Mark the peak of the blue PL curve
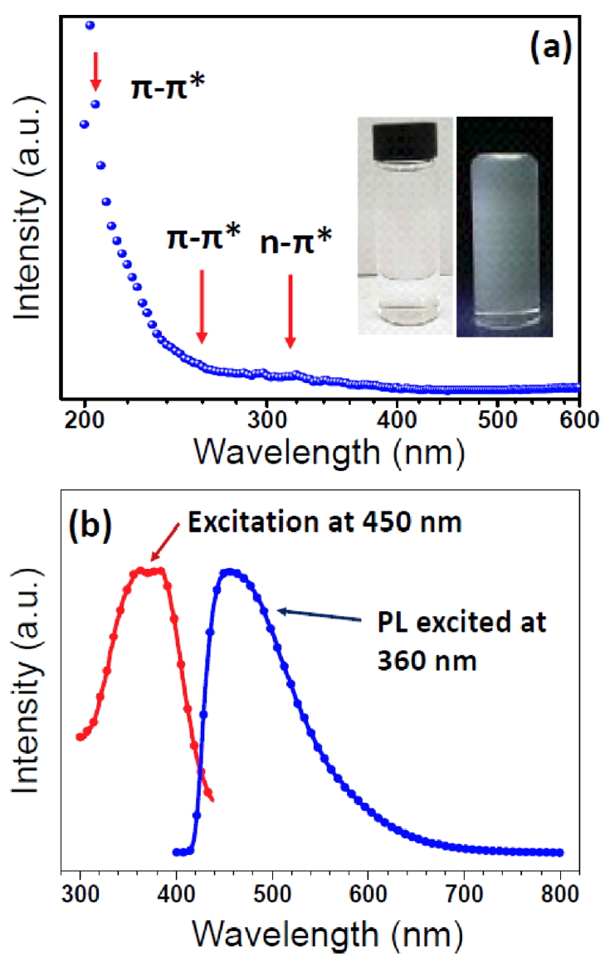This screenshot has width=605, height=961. click(230, 571)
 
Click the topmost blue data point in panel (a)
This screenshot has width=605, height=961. click(90, 26)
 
